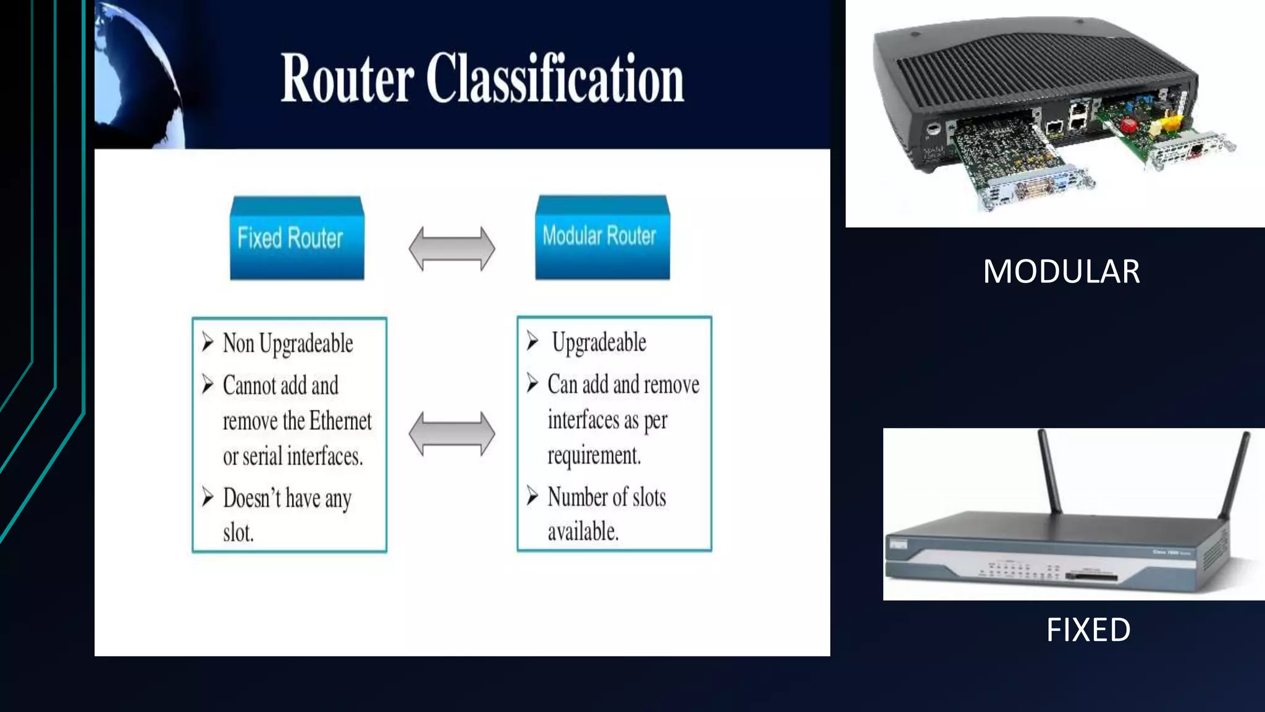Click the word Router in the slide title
point(347,78)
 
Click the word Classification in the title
point(555,78)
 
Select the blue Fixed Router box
point(296,239)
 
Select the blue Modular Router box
point(602,237)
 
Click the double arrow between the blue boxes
point(452,248)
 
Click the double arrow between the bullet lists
point(452,434)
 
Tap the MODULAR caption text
point(1061,272)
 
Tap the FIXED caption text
point(1088,630)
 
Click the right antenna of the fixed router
point(1234,476)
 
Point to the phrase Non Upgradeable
point(288,344)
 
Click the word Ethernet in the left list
point(340,422)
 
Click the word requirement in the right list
point(594,456)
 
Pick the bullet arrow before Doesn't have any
point(208,497)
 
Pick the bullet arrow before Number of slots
point(532,495)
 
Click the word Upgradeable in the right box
point(599,342)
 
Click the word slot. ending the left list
point(238,533)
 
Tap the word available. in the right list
point(582,532)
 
